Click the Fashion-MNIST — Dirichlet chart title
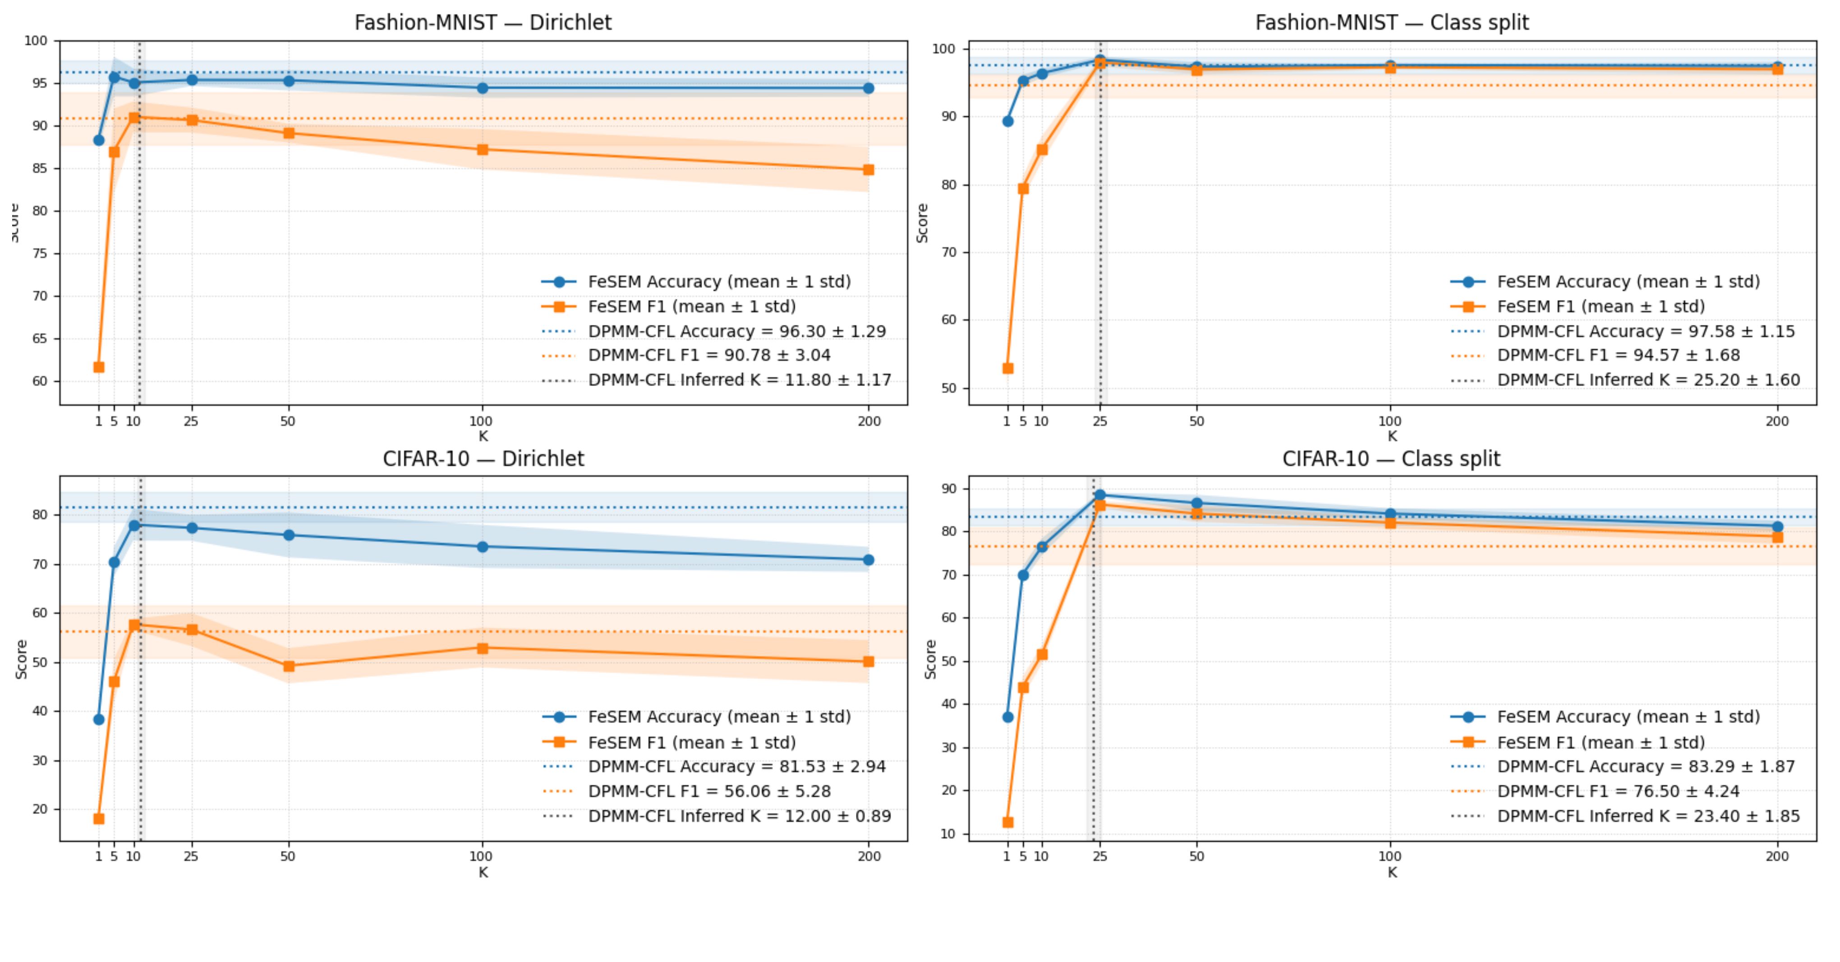click(483, 23)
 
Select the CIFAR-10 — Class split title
click(1391, 459)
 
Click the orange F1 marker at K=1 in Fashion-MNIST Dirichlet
click(99, 367)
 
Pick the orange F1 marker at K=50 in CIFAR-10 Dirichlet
click(289, 666)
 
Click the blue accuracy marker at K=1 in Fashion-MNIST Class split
click(1008, 121)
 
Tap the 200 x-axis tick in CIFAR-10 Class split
click(1777, 856)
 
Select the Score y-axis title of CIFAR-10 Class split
click(930, 659)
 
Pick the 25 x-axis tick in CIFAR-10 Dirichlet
click(191, 856)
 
